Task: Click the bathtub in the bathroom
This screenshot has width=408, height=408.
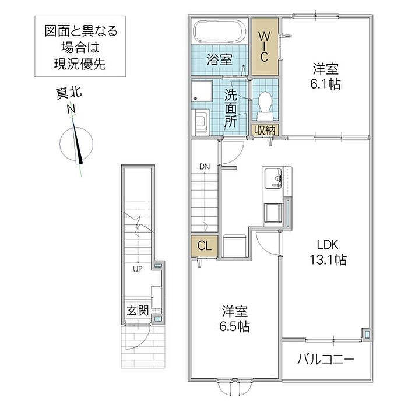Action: pyautogui.click(x=220, y=31)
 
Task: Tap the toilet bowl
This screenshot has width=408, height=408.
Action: pyautogui.click(x=265, y=106)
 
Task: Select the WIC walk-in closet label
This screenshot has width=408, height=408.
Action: pyautogui.click(x=264, y=47)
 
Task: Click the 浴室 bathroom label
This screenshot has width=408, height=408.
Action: pyautogui.click(x=219, y=59)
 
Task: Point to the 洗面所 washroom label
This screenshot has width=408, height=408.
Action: pyautogui.click(x=231, y=108)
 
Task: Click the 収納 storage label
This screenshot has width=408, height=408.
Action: pyautogui.click(x=265, y=130)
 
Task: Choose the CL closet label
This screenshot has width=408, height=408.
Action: pyautogui.click(x=204, y=245)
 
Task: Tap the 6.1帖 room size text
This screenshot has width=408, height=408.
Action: pyautogui.click(x=325, y=84)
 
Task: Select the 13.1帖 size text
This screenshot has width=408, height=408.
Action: pyautogui.click(x=328, y=259)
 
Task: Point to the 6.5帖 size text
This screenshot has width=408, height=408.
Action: pyautogui.click(x=234, y=326)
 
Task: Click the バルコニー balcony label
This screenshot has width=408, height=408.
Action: pyautogui.click(x=326, y=360)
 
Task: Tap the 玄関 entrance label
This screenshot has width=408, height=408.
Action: pyautogui.click(x=138, y=311)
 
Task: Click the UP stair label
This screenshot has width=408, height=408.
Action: pyautogui.click(x=138, y=269)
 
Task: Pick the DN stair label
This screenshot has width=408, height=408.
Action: pyautogui.click(x=205, y=167)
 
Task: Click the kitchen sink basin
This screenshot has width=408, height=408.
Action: pyautogui.click(x=273, y=178)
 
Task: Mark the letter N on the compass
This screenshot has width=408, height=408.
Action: pyautogui.click(x=71, y=109)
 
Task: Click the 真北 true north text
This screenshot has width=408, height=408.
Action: pyautogui.click(x=69, y=93)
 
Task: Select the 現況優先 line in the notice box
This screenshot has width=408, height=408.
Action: pyautogui.click(x=80, y=64)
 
